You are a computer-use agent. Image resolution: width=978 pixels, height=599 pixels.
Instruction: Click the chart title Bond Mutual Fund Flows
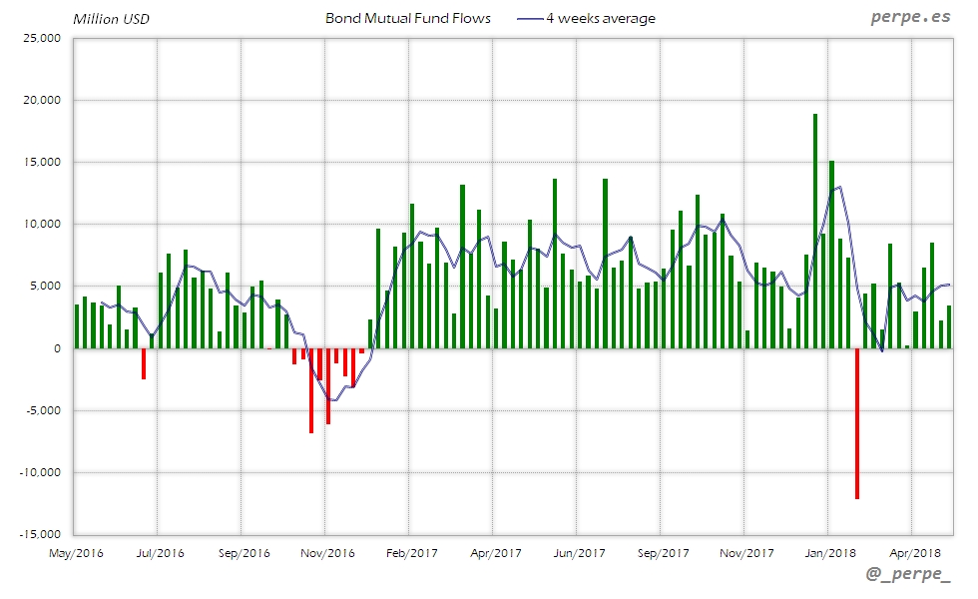408,19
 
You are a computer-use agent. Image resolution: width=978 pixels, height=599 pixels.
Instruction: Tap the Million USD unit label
111,19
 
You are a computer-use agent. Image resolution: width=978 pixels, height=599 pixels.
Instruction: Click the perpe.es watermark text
909,17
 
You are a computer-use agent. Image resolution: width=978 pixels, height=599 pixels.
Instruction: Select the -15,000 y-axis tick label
39,534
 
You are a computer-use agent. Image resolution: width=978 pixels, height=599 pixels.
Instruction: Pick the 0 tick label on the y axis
56,348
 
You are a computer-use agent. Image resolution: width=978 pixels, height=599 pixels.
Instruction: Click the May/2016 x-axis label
76,552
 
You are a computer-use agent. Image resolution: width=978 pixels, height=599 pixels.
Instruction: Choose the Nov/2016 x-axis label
327,552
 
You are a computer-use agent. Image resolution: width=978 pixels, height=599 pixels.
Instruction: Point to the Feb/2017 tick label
411,552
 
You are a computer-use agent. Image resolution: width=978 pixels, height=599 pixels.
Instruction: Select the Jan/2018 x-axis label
829,552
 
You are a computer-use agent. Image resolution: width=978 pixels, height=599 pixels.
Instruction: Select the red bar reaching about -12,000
856,423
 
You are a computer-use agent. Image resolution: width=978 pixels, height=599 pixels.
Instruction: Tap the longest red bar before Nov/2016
311,390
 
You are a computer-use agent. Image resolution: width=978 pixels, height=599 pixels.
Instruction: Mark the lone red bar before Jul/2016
144,363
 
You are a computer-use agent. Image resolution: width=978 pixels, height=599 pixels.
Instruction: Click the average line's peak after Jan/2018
839,187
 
